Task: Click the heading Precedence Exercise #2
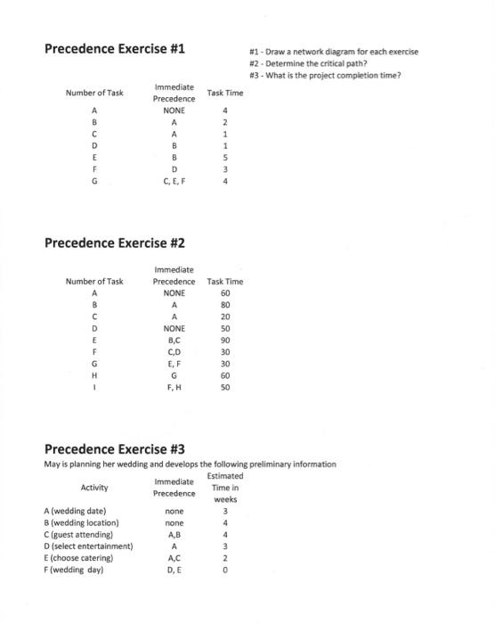115,242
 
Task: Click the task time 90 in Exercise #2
224,340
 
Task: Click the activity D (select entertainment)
88,546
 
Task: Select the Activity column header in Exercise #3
94,488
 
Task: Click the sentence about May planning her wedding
190,464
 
